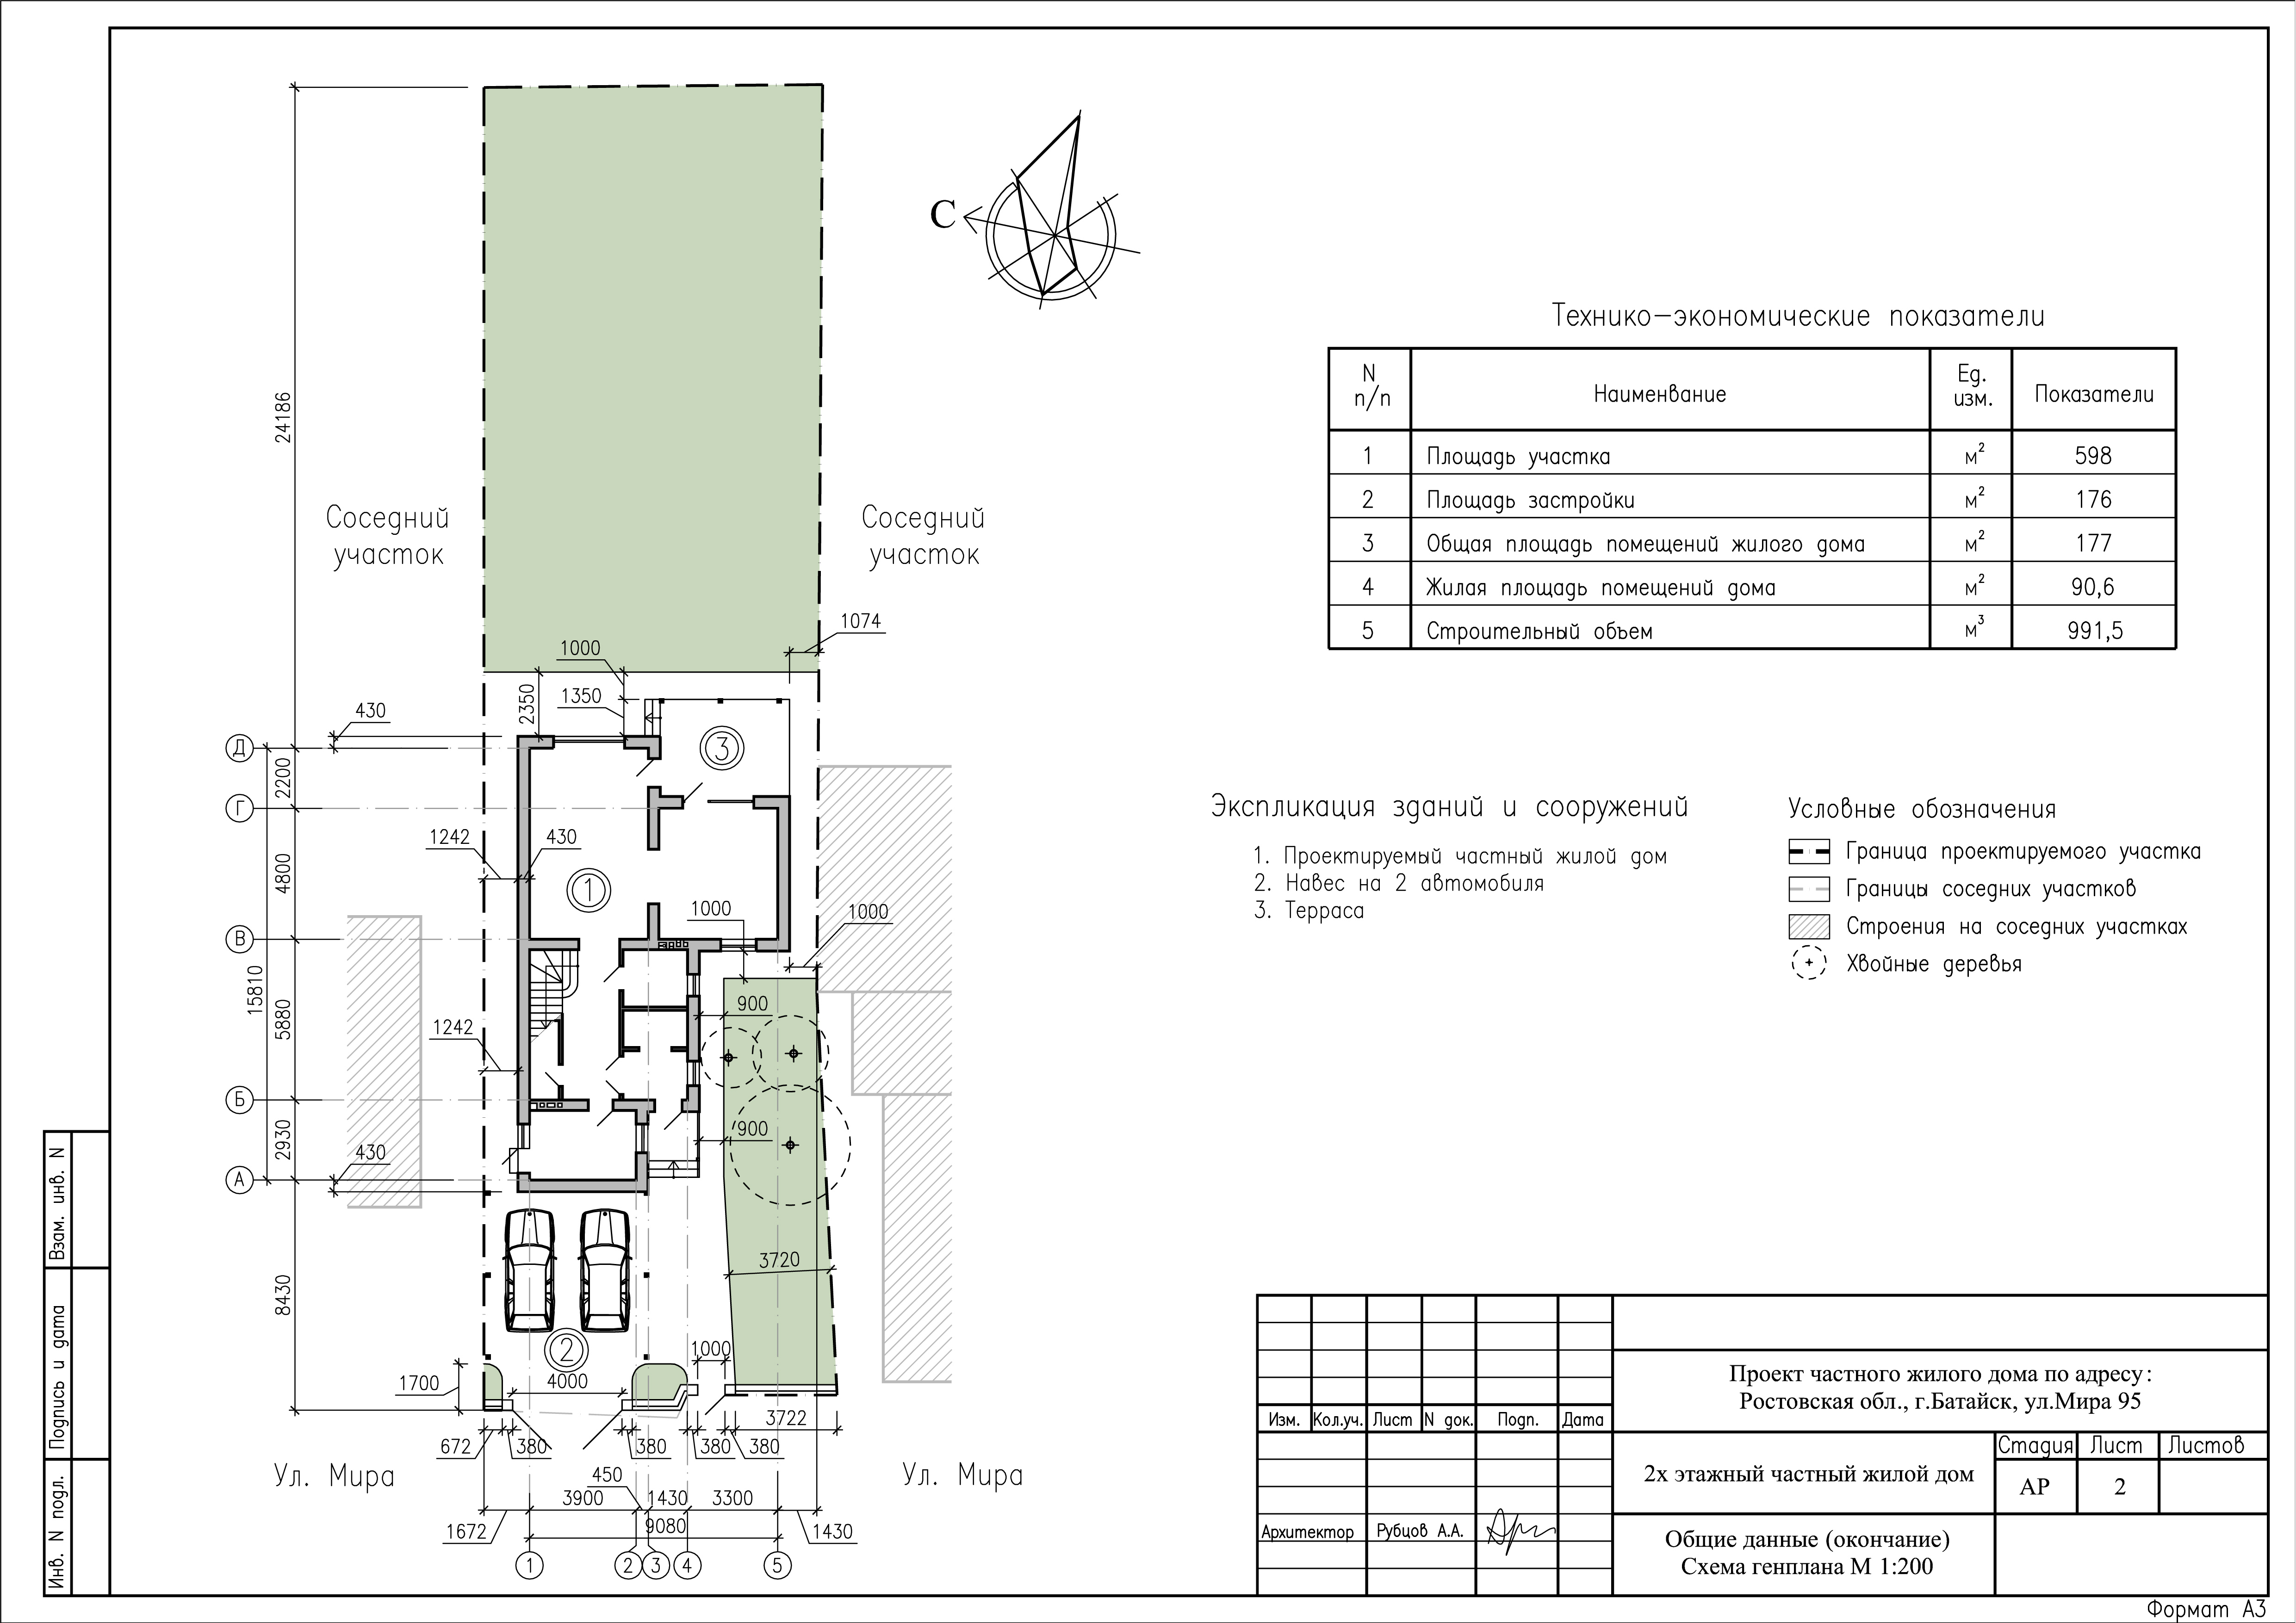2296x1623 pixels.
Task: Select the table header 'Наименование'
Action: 1660,394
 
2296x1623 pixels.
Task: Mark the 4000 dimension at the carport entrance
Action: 567,1381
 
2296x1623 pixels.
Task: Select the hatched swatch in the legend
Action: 1808,927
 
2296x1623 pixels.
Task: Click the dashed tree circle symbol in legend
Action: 1808,964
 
